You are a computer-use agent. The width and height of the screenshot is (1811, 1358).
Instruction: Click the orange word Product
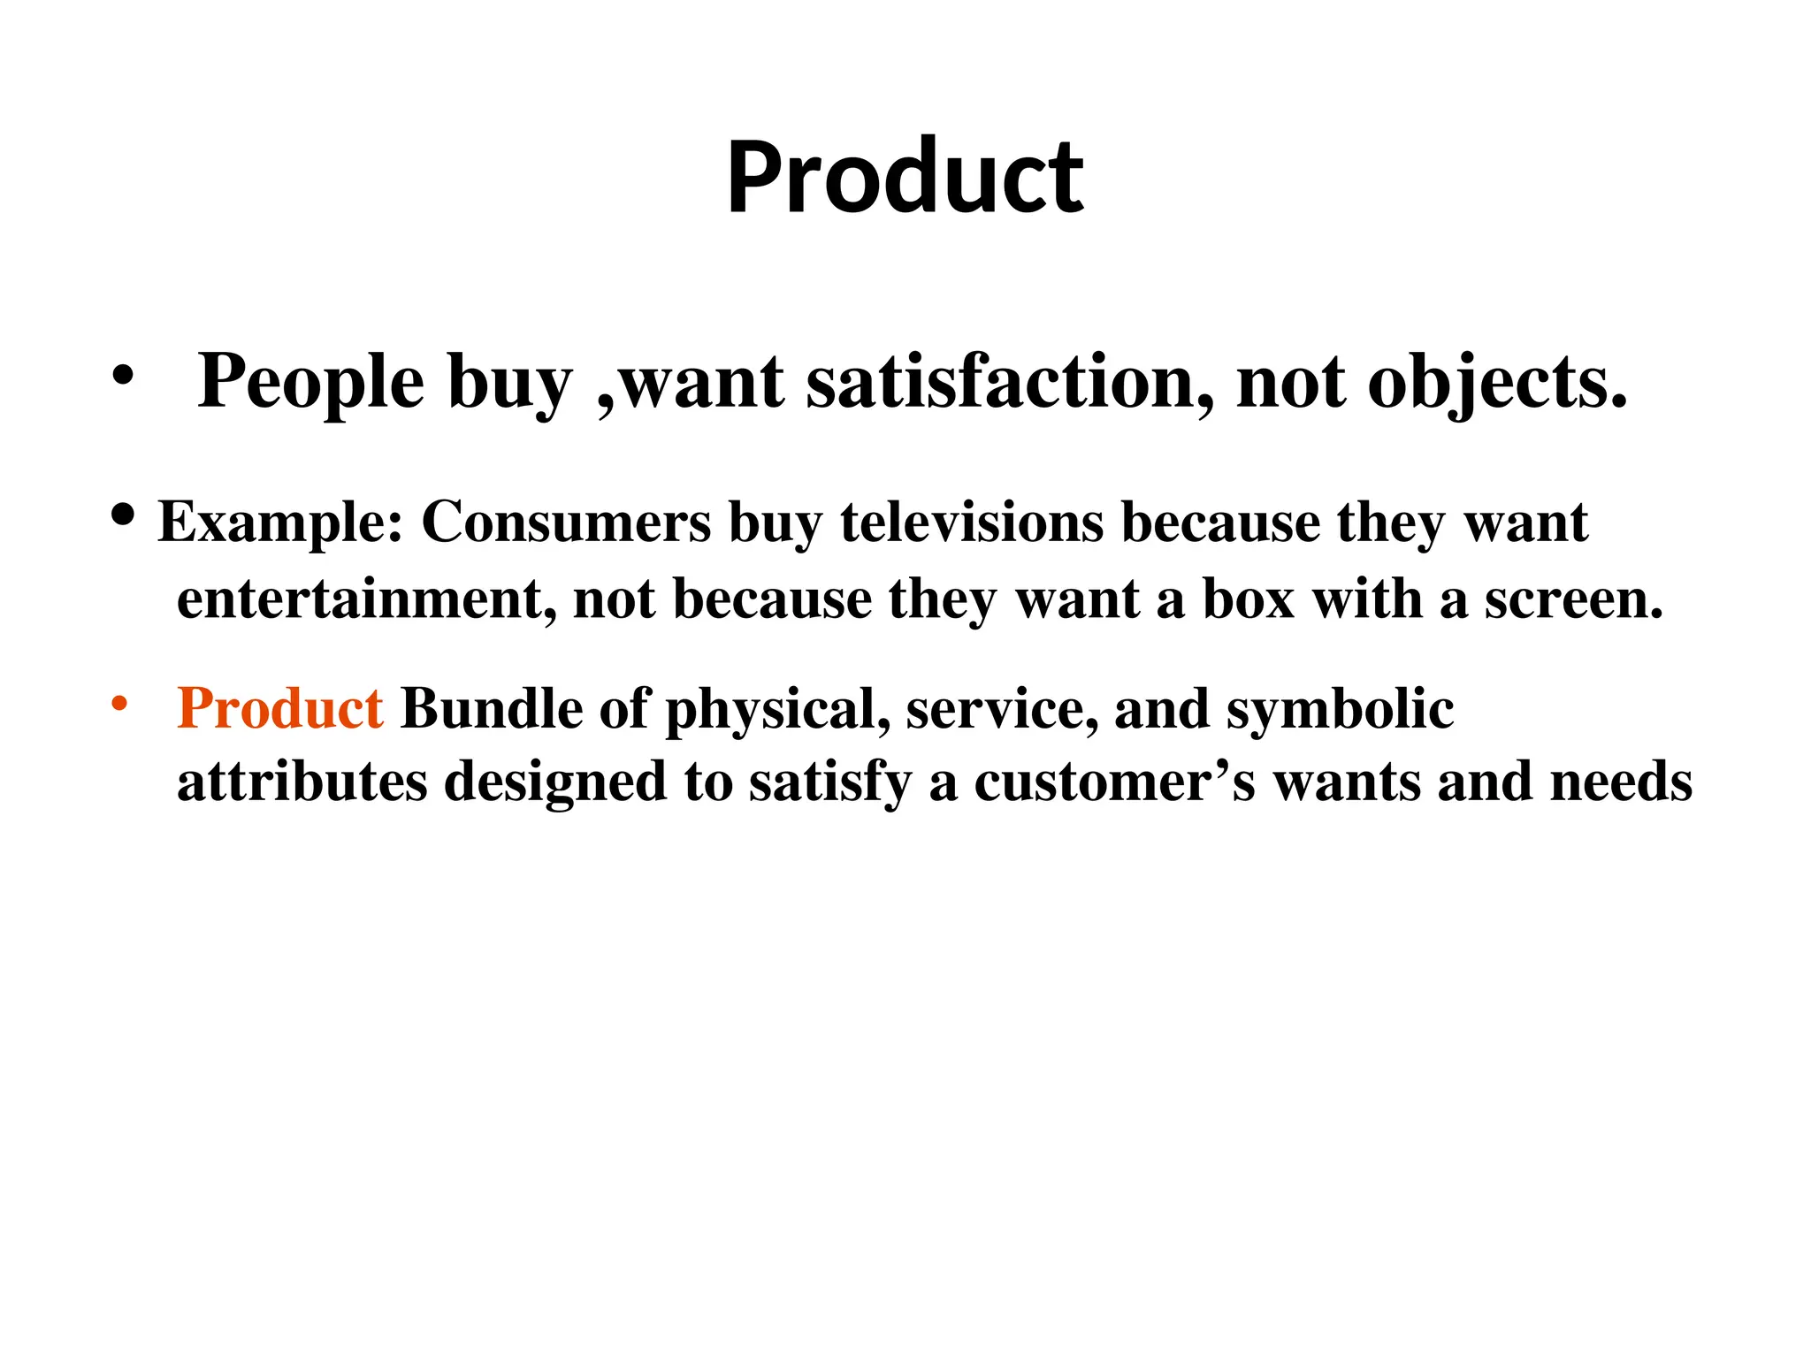point(279,709)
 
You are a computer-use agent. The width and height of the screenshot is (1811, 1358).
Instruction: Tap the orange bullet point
point(120,705)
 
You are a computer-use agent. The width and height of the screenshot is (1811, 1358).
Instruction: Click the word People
point(310,382)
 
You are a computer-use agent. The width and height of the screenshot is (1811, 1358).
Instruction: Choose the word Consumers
point(566,523)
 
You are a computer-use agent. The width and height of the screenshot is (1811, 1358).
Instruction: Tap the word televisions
point(971,523)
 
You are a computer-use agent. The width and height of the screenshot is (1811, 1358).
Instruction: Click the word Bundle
point(491,709)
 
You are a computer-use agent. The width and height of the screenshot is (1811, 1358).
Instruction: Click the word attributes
point(302,782)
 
